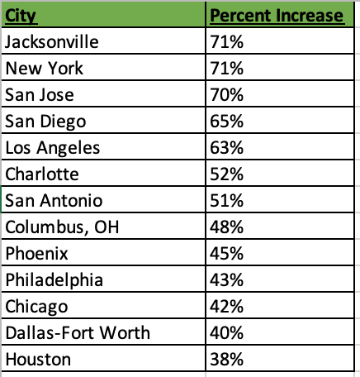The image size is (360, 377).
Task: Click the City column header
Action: [21, 16]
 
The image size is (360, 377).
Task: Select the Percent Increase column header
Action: [277, 16]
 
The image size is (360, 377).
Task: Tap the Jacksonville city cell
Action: [52, 42]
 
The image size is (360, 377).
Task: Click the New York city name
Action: [44, 68]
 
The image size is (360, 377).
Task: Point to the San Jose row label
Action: [40, 95]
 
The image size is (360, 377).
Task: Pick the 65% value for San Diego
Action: [227, 122]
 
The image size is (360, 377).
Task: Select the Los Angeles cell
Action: [53, 148]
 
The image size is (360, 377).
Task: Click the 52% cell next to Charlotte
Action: [227, 174]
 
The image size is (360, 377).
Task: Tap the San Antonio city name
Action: [54, 201]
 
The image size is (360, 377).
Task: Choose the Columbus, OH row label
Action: [62, 227]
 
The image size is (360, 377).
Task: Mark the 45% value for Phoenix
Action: [227, 254]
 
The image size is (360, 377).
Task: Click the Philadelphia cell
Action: [54, 280]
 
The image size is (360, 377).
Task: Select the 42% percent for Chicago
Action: [227, 307]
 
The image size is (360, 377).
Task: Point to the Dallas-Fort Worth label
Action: [78, 333]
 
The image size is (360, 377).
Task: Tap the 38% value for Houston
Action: [227, 360]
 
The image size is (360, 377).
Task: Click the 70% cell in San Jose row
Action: [227, 95]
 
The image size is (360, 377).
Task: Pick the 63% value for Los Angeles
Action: [227, 148]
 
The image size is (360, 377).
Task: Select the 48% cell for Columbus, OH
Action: [227, 227]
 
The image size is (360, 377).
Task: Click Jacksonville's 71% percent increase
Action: [227, 42]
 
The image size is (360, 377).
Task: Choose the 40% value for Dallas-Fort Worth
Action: [227, 333]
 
